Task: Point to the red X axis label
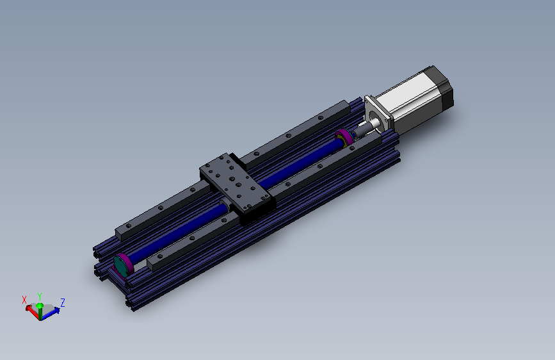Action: click(24, 300)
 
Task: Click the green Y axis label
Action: click(40, 296)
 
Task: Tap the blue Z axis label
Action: click(63, 302)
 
